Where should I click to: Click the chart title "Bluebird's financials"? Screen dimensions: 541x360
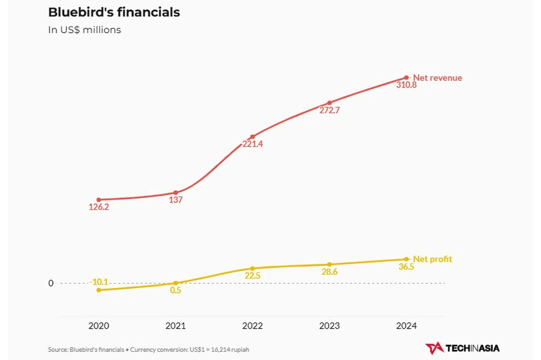pos(114,12)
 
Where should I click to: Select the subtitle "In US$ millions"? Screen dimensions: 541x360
pos(84,30)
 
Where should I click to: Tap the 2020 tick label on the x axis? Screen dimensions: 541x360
pos(99,326)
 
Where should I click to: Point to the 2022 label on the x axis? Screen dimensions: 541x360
pos(252,326)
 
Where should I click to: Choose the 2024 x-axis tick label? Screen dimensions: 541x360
pos(406,326)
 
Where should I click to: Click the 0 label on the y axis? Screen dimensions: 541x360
pos(51,283)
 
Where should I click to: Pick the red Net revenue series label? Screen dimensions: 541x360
pos(438,78)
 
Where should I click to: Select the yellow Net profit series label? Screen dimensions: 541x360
pos(432,259)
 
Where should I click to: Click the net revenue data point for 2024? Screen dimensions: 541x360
pos(406,78)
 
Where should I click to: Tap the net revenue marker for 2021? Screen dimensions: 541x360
pos(176,193)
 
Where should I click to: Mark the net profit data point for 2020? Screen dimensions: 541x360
pos(99,290)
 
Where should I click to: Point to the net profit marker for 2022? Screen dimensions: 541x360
pos(252,268)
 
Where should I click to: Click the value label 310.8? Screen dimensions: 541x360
pos(406,85)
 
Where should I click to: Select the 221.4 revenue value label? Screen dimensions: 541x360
pos(252,144)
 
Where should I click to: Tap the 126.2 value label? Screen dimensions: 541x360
pos(99,207)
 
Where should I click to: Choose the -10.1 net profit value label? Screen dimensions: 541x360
pos(99,282)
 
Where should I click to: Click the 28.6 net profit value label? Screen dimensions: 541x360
pos(329,272)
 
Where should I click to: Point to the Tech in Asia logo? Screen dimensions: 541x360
pos(462,348)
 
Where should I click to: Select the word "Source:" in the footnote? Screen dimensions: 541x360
pos(58,350)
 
